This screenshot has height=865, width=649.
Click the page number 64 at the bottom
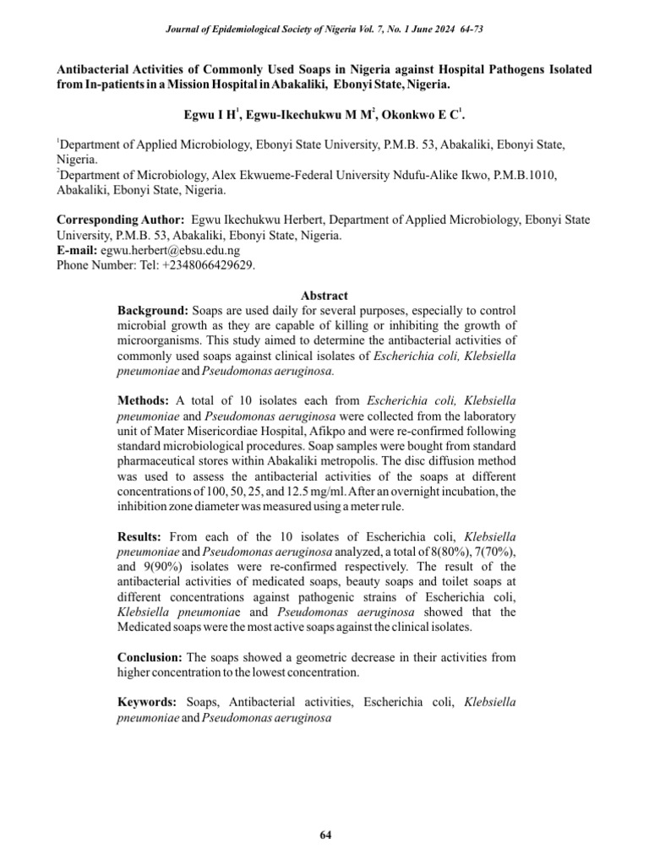click(x=325, y=835)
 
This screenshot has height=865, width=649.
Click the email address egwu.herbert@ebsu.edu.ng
click(x=170, y=250)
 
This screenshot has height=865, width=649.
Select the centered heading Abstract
click(x=324, y=296)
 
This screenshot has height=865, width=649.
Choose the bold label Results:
click(x=141, y=536)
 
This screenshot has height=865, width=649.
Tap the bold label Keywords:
click(x=147, y=701)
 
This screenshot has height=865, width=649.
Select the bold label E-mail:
click(x=77, y=250)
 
